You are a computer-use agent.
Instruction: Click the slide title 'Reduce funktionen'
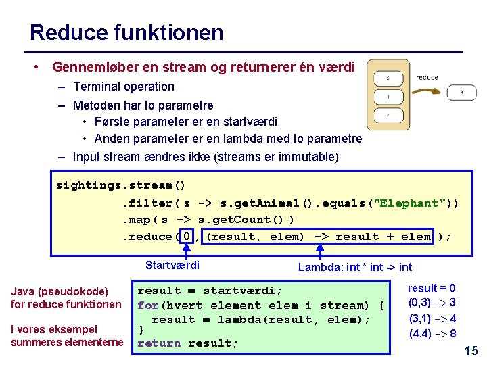click(126, 32)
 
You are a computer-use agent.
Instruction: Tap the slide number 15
click(471, 350)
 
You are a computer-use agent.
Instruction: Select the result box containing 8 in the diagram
click(461, 93)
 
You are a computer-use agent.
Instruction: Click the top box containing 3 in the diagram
click(388, 78)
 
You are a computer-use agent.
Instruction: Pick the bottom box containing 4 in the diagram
click(388, 116)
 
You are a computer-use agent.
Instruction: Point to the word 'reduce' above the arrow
click(427, 78)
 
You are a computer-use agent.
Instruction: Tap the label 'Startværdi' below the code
click(172, 265)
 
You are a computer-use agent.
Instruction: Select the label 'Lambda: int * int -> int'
click(355, 267)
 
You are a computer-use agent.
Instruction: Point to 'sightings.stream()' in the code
click(120, 185)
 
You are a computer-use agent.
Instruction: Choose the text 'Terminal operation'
click(124, 87)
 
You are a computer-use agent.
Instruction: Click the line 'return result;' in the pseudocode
click(187, 343)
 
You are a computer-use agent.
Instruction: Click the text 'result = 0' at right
click(432, 288)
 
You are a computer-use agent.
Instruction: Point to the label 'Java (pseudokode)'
click(60, 291)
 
